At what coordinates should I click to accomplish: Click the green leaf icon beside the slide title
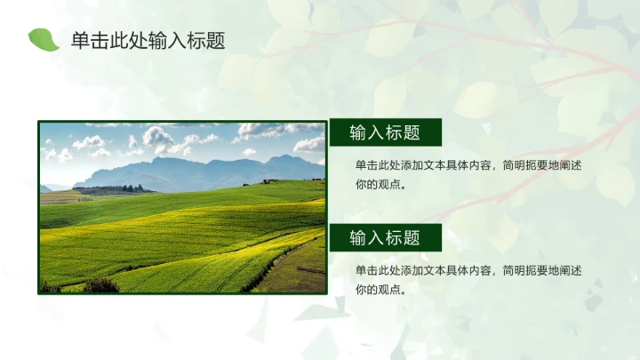(x=43, y=39)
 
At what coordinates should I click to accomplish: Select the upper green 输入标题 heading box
(x=386, y=133)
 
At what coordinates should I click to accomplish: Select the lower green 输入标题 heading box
(x=386, y=237)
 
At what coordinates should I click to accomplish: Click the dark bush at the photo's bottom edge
(x=100, y=285)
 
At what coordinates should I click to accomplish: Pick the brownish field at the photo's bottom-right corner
(x=302, y=271)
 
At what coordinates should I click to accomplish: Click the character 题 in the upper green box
(x=411, y=133)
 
